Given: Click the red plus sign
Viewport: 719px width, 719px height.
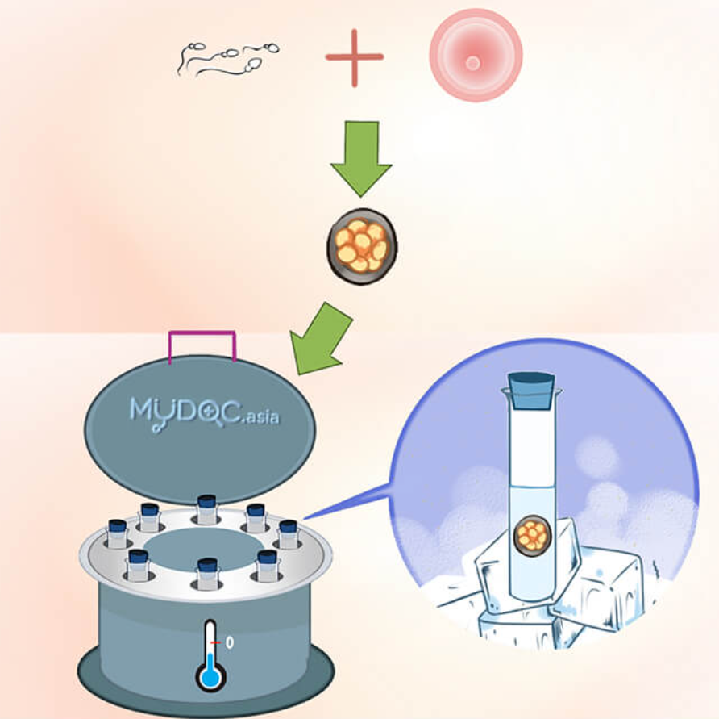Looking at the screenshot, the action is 355,57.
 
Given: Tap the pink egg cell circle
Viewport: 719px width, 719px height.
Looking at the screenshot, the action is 476,56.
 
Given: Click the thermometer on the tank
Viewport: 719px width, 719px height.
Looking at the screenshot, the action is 210,654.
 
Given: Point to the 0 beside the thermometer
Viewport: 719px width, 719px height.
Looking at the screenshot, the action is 230,643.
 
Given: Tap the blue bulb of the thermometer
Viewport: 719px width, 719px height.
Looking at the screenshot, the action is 210,674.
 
